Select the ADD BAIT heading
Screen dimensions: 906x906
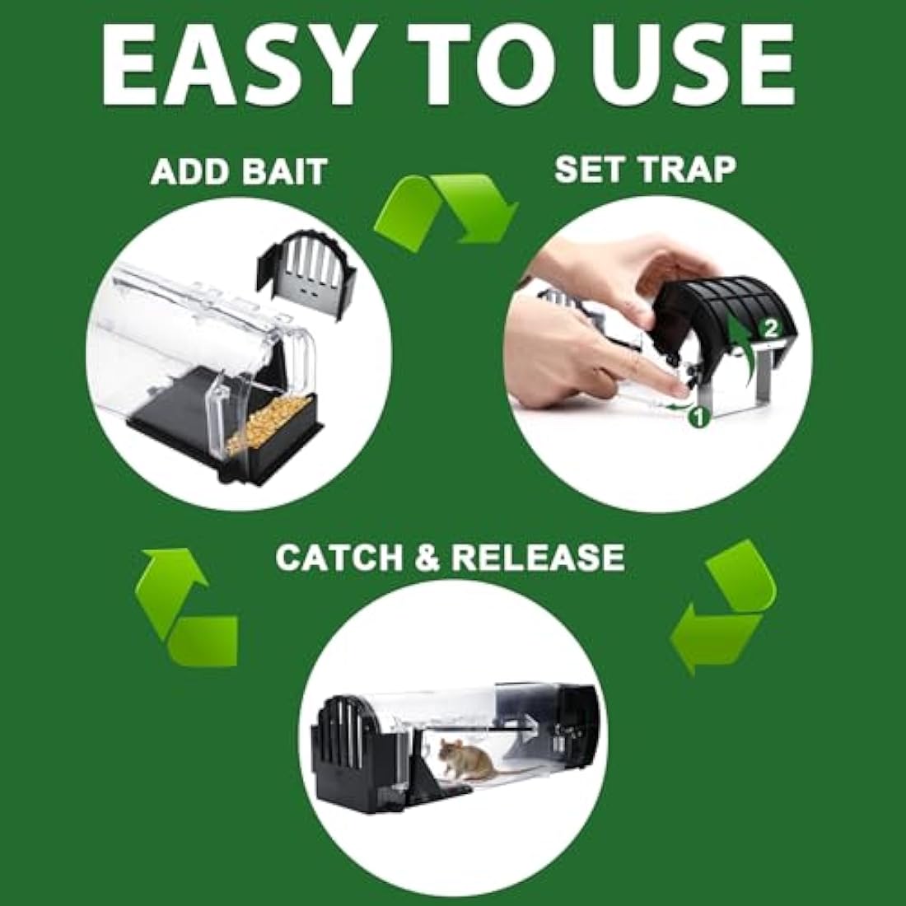239,173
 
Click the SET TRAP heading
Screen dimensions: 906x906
645,168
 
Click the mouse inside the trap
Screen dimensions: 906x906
465,758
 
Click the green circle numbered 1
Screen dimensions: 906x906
698,418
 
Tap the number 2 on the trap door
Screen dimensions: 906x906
770,328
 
